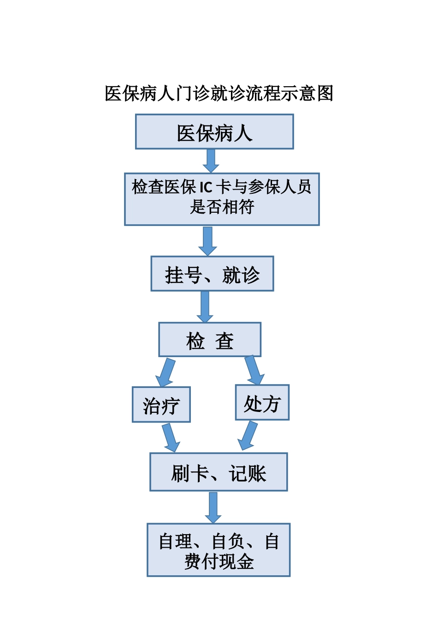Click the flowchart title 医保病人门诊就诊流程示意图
(x=219, y=94)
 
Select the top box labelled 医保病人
(x=214, y=132)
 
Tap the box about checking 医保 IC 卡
(x=222, y=199)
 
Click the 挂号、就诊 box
(x=212, y=274)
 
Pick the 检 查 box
(x=210, y=340)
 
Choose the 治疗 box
(x=161, y=405)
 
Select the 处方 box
(x=262, y=403)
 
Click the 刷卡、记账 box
(x=219, y=472)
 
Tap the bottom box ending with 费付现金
(x=219, y=550)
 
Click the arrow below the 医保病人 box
(x=211, y=161)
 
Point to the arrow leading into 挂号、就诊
(x=208, y=241)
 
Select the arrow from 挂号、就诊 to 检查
(x=205, y=307)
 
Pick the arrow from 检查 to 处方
(x=254, y=370)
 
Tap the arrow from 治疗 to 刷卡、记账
(x=171, y=437)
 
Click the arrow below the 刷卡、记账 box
(x=213, y=507)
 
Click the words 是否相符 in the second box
(x=222, y=207)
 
